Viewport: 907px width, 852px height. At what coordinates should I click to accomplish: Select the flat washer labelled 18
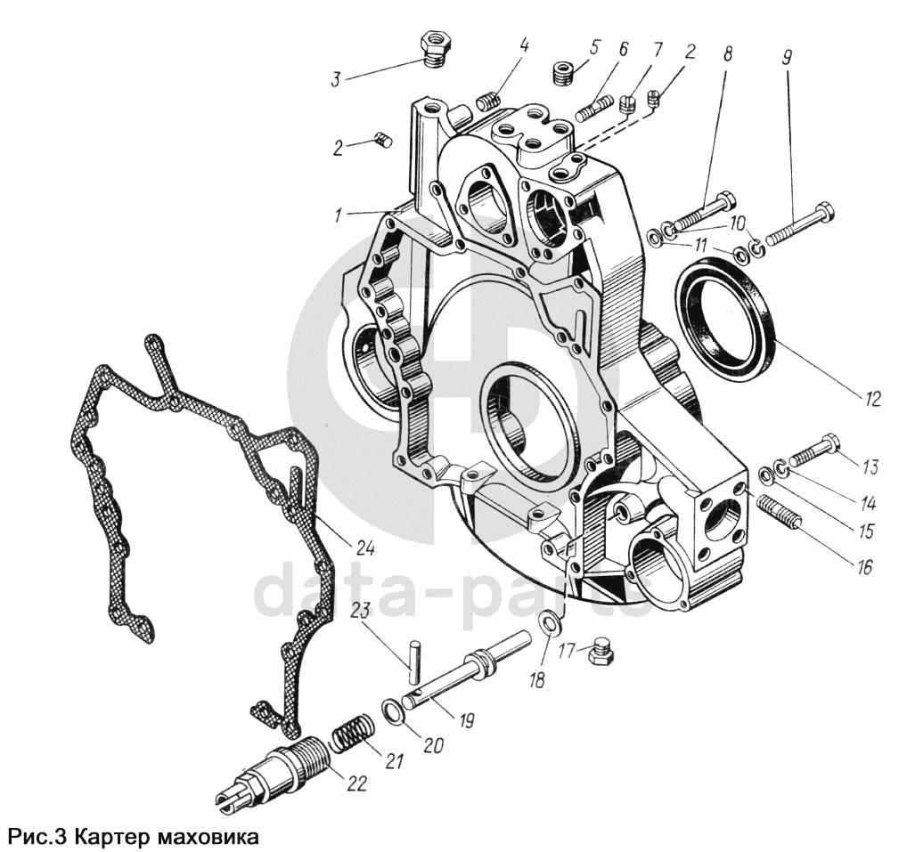coord(551,623)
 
